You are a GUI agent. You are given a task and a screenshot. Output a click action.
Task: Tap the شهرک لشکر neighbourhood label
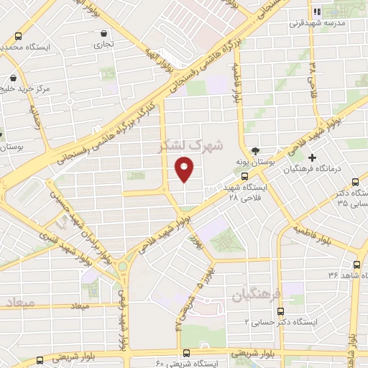192,145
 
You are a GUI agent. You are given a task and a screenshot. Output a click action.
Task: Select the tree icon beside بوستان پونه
257,150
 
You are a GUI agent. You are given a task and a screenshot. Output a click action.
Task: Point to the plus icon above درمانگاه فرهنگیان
312,157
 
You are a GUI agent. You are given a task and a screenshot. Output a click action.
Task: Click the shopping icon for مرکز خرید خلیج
13,79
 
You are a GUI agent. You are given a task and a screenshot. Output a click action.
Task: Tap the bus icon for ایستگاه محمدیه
17,36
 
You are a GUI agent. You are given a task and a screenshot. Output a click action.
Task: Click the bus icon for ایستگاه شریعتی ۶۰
186,352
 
